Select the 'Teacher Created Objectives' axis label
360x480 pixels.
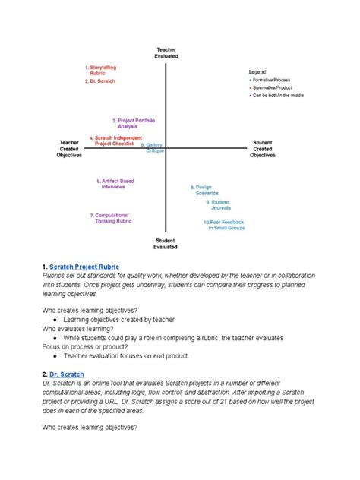point(69,148)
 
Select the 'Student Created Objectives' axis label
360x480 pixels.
point(263,148)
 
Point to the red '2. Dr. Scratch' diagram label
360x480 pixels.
point(100,81)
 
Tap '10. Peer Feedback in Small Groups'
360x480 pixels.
point(222,225)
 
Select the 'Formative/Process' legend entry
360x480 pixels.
point(270,79)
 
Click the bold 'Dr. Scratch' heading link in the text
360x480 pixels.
point(68,374)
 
